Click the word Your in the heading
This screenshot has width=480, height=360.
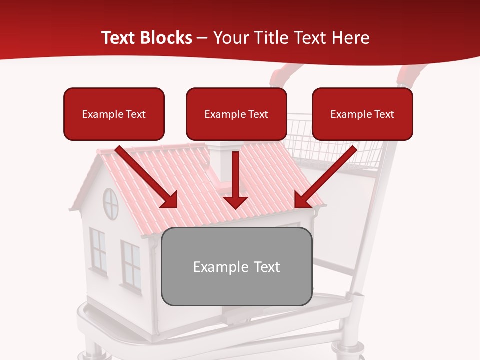coord(229,38)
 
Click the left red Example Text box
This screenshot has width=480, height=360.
coord(114,114)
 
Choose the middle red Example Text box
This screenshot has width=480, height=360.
coord(236,114)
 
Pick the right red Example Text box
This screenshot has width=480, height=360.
coord(362,114)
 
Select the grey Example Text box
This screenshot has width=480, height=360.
coord(236,266)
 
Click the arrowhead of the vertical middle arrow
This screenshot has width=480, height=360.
coord(235,202)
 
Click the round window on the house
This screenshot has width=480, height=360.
coord(110,203)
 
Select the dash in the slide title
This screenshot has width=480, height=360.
coord(202,38)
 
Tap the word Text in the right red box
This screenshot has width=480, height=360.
coord(384,114)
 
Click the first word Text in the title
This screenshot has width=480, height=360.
coord(119,38)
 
